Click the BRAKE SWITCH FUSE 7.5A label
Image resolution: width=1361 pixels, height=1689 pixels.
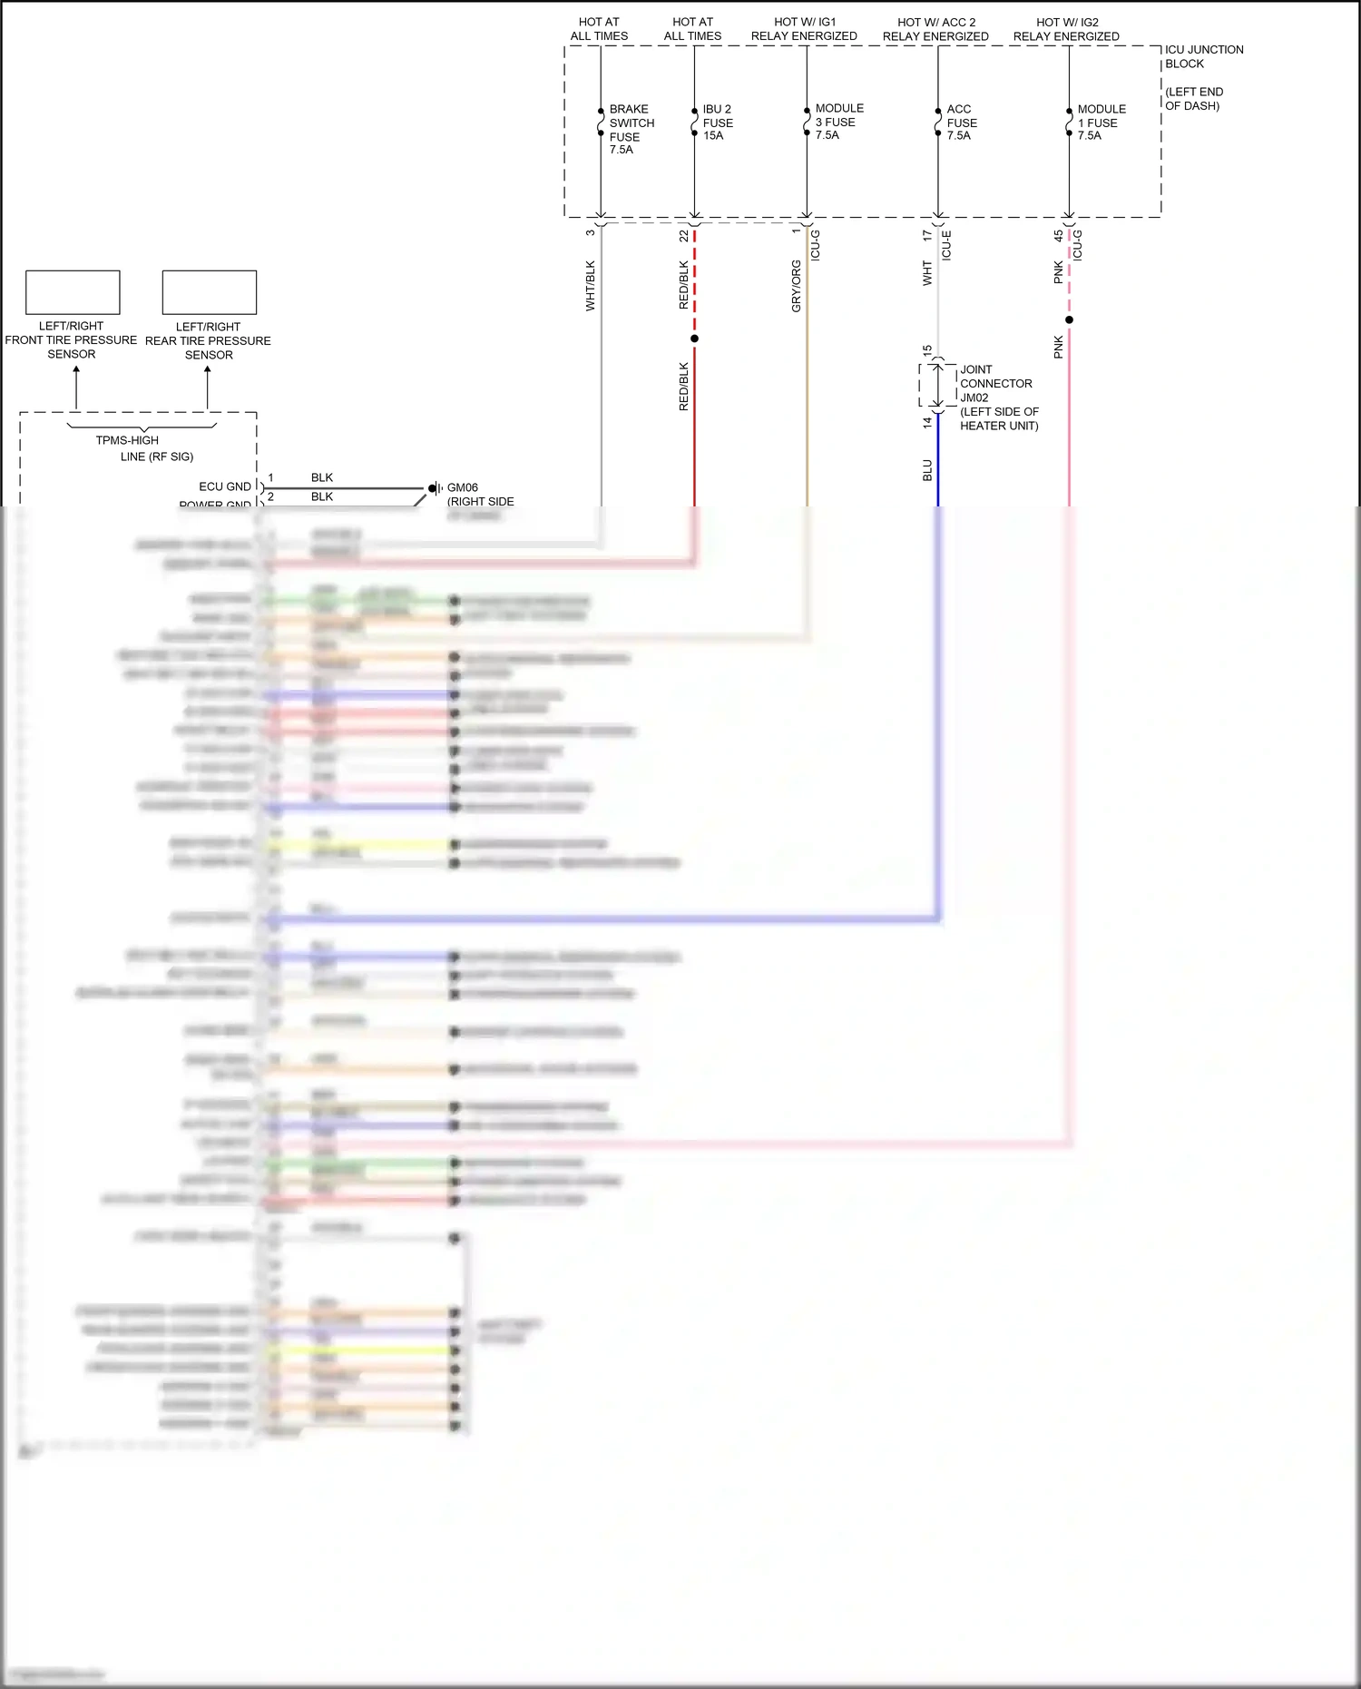[631, 129]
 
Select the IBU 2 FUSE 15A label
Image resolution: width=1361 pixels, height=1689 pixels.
[717, 123]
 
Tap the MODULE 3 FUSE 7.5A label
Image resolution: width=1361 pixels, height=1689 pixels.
[838, 122]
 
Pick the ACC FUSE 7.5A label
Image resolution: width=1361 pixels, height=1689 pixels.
[961, 123]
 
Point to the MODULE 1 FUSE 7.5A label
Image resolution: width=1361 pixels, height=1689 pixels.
[1101, 123]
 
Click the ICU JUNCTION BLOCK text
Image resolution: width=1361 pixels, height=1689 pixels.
[1203, 56]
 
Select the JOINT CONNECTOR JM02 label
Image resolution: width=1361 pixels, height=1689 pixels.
[995, 383]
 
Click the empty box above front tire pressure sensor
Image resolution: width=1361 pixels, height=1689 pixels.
[73, 292]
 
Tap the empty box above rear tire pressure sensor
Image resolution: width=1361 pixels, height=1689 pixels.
[209, 292]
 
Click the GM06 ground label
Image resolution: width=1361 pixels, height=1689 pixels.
[462, 487]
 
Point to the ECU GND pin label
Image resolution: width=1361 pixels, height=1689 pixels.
[225, 486]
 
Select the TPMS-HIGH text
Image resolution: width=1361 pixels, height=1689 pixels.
[127, 440]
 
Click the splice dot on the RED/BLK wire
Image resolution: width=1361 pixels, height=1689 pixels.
[694, 339]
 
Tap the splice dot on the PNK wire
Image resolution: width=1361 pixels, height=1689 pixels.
[1069, 319]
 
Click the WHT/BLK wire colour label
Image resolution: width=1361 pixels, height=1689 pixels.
[590, 286]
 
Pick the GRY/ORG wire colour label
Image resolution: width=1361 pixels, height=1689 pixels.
[796, 286]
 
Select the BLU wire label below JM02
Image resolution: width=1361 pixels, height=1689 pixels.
[926, 470]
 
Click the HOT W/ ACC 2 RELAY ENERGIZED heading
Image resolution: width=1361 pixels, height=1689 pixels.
[935, 29]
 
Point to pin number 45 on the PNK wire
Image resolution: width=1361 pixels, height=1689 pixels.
[1058, 235]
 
